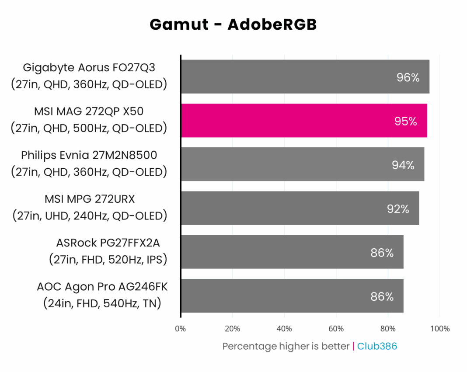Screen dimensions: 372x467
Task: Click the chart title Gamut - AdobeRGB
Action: (233, 24)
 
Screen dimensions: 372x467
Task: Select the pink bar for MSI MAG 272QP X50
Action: (304, 120)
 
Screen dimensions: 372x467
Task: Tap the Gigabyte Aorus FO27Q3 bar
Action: (305, 76)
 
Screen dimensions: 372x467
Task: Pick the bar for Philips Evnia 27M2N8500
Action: (302, 164)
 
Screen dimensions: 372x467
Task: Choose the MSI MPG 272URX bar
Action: (300, 208)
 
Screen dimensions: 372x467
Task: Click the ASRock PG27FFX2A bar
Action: (292, 252)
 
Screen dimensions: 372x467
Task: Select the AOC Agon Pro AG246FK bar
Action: (292, 296)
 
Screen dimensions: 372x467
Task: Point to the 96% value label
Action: (408, 78)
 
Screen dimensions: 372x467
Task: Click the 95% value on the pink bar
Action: (405, 122)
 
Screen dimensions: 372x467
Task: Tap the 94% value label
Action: (403, 165)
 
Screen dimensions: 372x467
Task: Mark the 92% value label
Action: (398, 209)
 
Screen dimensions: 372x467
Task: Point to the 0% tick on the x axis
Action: (180, 329)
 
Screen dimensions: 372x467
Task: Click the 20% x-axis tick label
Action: (232, 329)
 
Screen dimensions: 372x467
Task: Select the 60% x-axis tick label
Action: (336, 329)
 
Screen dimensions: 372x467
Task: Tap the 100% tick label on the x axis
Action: (440, 329)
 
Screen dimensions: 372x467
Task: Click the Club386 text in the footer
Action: (377, 346)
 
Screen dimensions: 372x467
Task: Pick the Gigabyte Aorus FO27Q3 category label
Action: (89, 68)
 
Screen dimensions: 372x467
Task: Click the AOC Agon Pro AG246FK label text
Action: (102, 287)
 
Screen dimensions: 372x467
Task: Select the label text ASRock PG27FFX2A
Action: (112, 243)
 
